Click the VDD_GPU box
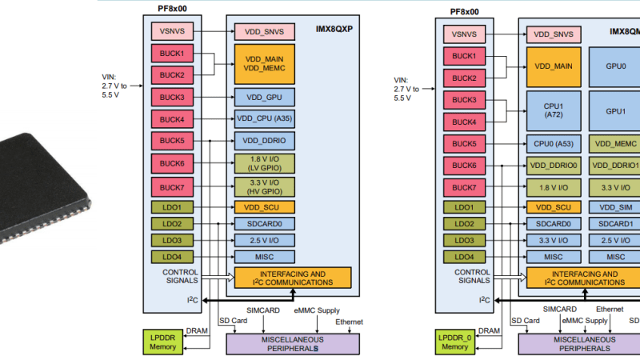[264, 98]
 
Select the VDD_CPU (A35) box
[264, 119]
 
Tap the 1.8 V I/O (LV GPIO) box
[264, 163]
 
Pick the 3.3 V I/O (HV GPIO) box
[264, 186]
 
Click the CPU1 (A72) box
[554, 110]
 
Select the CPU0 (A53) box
[554, 144]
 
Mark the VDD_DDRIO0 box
[554, 166]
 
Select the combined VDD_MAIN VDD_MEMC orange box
[264, 65]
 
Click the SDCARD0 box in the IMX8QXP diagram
[264, 224]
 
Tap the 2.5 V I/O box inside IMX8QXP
[264, 240]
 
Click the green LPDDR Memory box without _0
[163, 342]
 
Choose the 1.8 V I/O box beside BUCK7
[554, 187]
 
